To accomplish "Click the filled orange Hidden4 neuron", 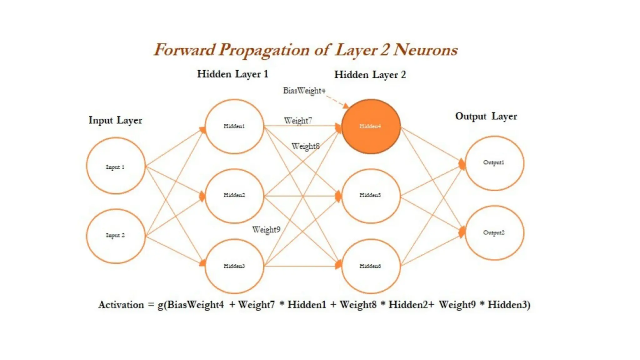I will pos(371,126).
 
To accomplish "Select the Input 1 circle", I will pos(116,166).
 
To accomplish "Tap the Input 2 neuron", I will pos(116,236).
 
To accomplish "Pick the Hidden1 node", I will pos(234,126).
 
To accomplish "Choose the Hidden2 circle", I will pos(234,196).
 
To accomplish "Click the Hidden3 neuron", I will pos(234,266).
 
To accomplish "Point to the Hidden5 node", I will pos(371,196).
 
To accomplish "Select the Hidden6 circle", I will pos(371,266).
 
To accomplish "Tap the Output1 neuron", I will pos(494,163).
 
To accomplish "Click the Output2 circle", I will pos(494,233).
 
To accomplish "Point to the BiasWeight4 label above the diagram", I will pos(304,91).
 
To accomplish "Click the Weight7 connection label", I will pos(298,120).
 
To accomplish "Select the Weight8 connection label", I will pos(305,146).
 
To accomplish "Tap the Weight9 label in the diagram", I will pos(266,230).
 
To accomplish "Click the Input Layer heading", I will pos(115,120).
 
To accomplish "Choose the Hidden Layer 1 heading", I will pos(232,74).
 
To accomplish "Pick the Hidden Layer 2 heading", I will pos(370,75).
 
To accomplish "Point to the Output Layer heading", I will pos(486,116).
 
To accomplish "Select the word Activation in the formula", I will pos(121,305).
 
